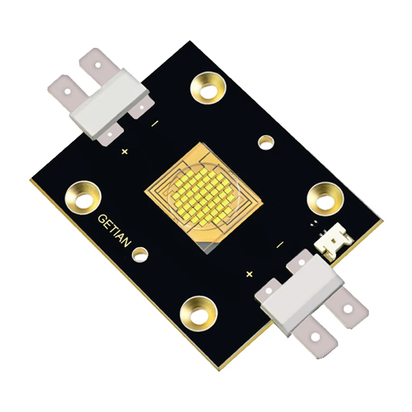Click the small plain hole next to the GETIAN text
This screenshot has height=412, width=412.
point(139,253)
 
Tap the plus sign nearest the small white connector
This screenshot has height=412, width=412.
point(250,273)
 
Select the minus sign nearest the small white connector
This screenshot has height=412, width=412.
point(280,245)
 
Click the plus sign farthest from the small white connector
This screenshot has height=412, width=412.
point(124,151)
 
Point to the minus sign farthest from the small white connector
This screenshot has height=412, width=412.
point(154,124)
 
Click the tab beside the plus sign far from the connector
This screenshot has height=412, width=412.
point(110,136)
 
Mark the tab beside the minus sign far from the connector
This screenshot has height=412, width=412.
point(140,109)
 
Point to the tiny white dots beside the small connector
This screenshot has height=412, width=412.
point(314,225)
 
